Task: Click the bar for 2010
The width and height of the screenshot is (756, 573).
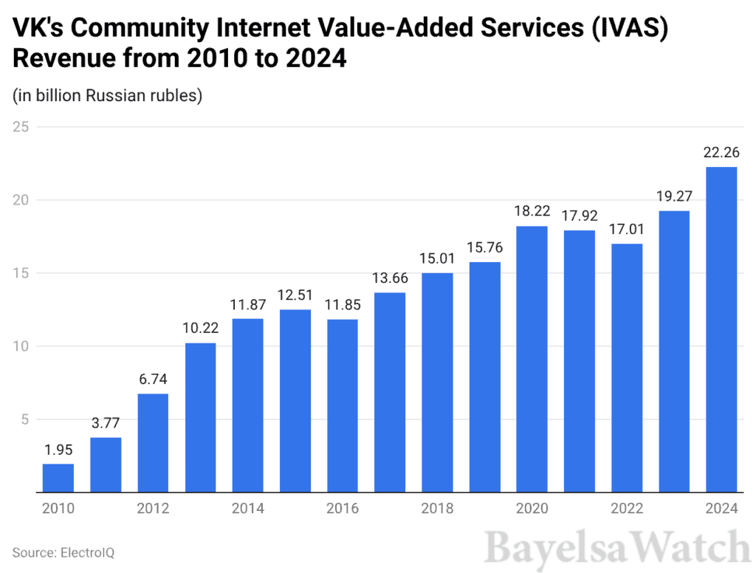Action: (58, 478)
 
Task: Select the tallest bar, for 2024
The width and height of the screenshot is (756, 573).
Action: (721, 329)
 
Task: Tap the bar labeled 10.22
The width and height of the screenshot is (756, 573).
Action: (200, 417)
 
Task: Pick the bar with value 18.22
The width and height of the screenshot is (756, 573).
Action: (532, 359)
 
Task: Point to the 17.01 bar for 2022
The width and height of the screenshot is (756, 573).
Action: (627, 368)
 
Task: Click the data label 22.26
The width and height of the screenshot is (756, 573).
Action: (721, 153)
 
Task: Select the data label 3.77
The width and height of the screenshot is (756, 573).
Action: (106, 424)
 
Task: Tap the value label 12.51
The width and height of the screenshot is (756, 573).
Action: (295, 296)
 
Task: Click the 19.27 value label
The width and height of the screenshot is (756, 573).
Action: (674, 197)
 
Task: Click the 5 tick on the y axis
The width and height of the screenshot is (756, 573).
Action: (24, 419)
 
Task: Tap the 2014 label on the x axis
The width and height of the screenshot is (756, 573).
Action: (247, 509)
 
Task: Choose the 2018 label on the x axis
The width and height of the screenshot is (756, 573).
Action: (437, 509)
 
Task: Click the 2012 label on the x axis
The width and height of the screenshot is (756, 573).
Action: (153, 509)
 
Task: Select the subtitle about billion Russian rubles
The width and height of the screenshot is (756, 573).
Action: (107, 96)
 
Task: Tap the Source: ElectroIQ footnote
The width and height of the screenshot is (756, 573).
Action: (63, 552)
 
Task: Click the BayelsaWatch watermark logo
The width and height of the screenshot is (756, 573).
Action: (617, 548)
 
